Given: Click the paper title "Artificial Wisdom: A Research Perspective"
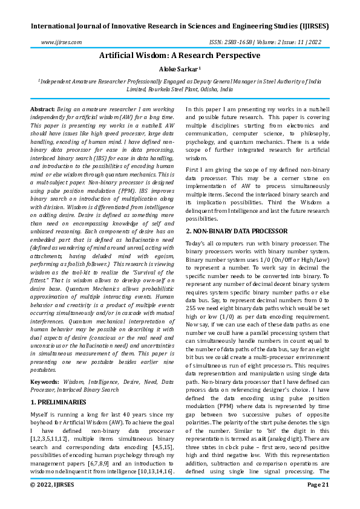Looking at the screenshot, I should point(180,55).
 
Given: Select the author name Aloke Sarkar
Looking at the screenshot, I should point(180,70).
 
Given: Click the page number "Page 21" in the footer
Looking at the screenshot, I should point(317,501).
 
